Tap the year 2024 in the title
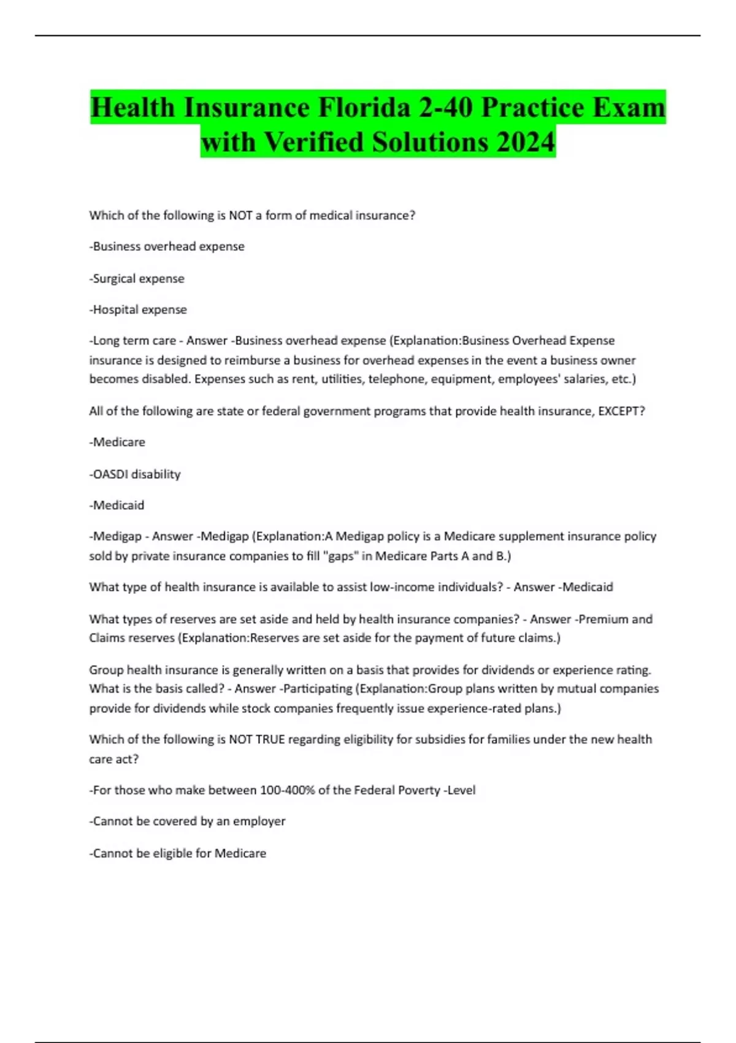[526, 142]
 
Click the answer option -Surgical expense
[137, 279]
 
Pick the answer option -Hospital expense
[138, 310]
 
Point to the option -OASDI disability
[135, 474]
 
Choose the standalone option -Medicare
[117, 442]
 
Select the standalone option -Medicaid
[117, 506]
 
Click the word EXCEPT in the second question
[618, 411]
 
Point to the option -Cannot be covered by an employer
[187, 822]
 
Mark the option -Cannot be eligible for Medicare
[178, 853]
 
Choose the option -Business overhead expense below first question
[167, 247]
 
